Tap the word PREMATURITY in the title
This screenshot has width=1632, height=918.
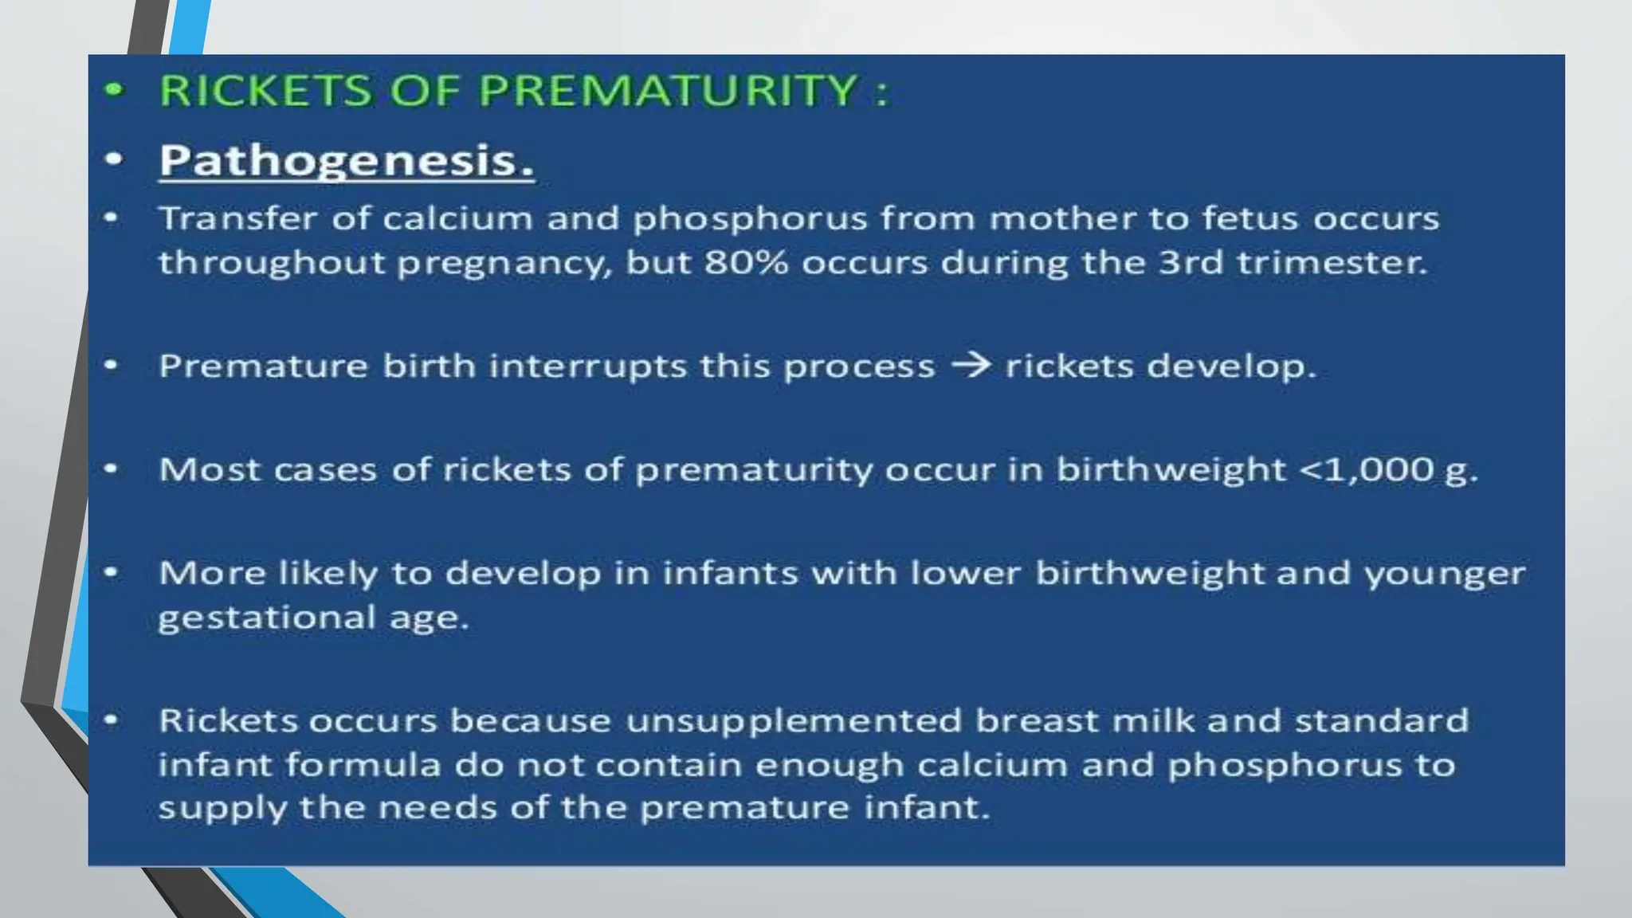point(668,89)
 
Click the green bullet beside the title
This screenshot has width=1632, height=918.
point(115,89)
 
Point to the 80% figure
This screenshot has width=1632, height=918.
point(746,262)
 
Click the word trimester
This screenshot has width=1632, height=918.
point(1332,262)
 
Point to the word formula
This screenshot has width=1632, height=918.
point(363,765)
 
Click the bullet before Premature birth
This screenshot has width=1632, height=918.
point(112,366)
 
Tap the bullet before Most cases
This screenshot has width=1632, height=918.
point(112,469)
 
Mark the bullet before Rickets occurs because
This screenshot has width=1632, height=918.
point(112,720)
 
